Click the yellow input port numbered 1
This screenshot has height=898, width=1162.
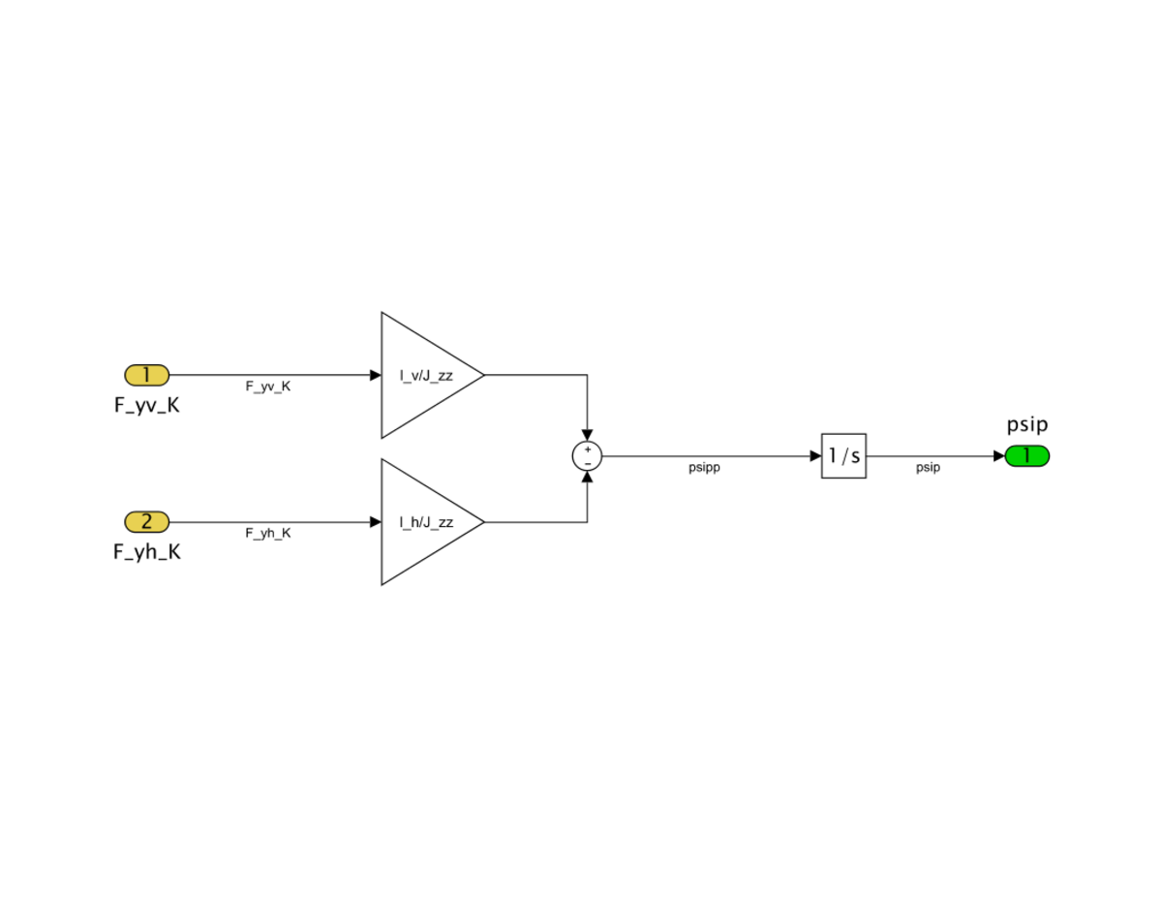coord(146,375)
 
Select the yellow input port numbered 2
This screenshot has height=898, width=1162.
coord(146,521)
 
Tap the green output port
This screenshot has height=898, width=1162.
coord(1026,455)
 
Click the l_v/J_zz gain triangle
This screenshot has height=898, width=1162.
coord(432,375)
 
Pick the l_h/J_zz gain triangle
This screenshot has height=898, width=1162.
coord(432,521)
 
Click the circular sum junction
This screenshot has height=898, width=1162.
coord(587,455)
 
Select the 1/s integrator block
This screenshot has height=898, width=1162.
coord(843,455)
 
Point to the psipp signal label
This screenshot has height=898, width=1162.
coord(704,468)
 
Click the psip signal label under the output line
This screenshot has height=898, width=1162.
coord(928,468)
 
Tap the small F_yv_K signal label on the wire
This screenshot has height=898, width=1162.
coord(268,387)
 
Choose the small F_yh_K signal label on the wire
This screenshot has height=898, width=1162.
coord(268,533)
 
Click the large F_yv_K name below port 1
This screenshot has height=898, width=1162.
coord(146,406)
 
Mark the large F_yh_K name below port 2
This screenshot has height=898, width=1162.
coord(146,552)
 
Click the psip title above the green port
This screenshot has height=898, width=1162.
coord(1026,425)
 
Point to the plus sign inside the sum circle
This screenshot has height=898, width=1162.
coord(588,449)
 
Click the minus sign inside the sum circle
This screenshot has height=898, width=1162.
coord(588,463)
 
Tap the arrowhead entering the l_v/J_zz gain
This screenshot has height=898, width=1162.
coord(376,375)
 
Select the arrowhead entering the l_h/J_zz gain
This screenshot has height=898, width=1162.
coord(376,521)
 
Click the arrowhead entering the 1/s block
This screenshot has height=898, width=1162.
coord(816,455)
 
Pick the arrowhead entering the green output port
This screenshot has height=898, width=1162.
coord(999,455)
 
